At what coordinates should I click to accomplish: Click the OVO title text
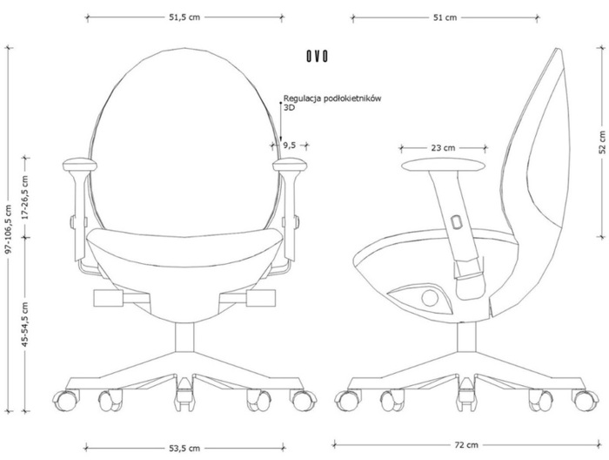[x=317, y=57]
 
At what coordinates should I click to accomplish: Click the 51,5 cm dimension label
[x=184, y=17]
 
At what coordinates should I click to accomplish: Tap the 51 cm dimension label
[x=445, y=17]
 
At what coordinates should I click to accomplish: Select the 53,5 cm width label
[x=184, y=449]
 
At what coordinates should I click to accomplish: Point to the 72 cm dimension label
[x=466, y=445]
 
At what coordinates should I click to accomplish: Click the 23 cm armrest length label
[x=443, y=148]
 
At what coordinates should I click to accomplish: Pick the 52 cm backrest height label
[x=602, y=142]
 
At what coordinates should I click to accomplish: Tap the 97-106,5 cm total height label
[x=10, y=229]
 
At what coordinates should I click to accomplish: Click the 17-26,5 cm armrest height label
[x=25, y=197]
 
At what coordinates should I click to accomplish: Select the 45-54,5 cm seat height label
[x=25, y=324]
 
